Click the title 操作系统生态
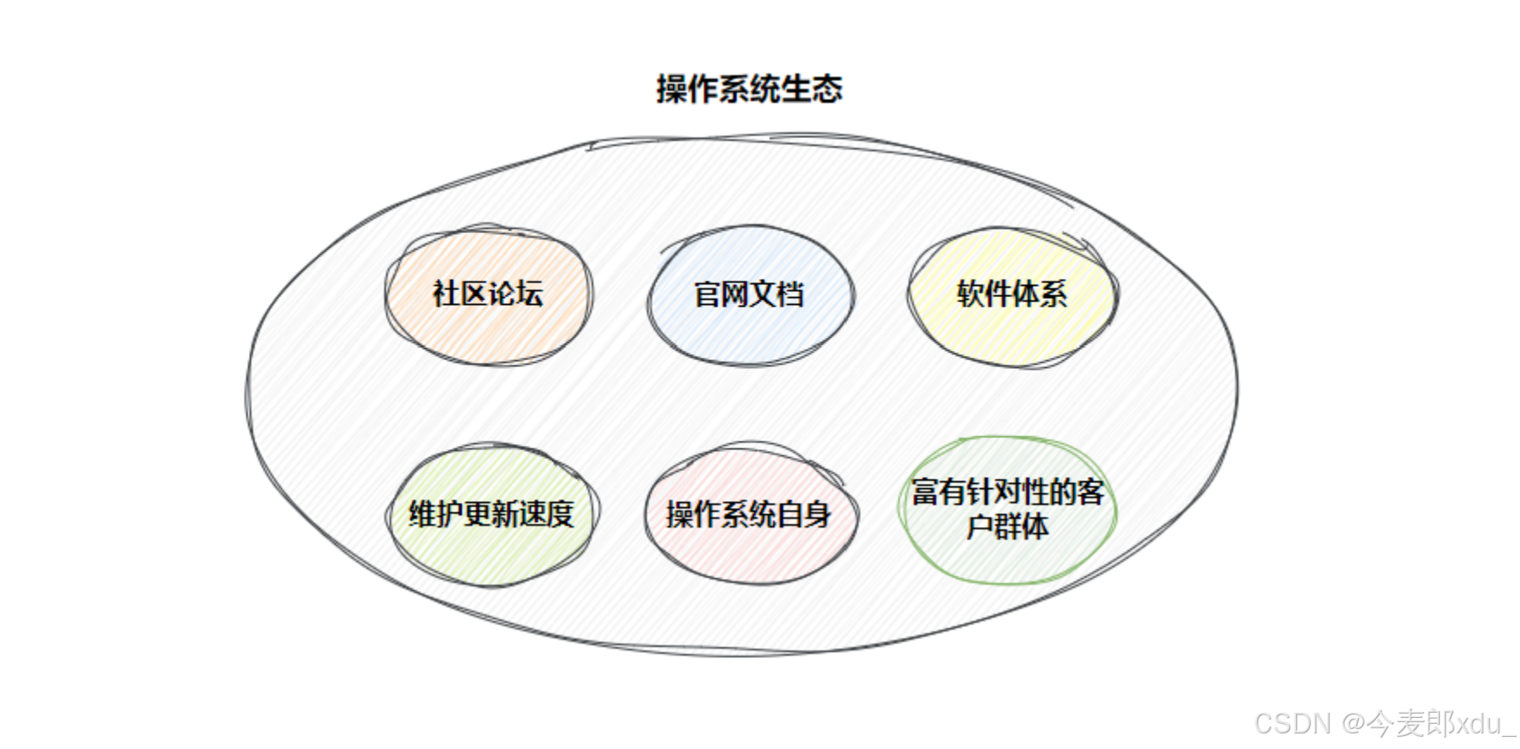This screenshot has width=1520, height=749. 749,89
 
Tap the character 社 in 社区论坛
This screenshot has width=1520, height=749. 446,294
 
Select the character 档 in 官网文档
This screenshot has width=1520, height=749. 790,295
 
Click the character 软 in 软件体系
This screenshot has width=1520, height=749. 971,295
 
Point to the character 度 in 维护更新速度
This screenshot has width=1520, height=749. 560,514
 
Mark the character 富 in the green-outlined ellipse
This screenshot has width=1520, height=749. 925,492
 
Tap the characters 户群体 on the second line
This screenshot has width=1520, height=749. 1008,526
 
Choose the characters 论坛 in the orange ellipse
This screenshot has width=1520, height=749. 516,294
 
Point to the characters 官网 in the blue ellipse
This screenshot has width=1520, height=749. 721,295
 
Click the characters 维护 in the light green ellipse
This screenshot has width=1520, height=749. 436,514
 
